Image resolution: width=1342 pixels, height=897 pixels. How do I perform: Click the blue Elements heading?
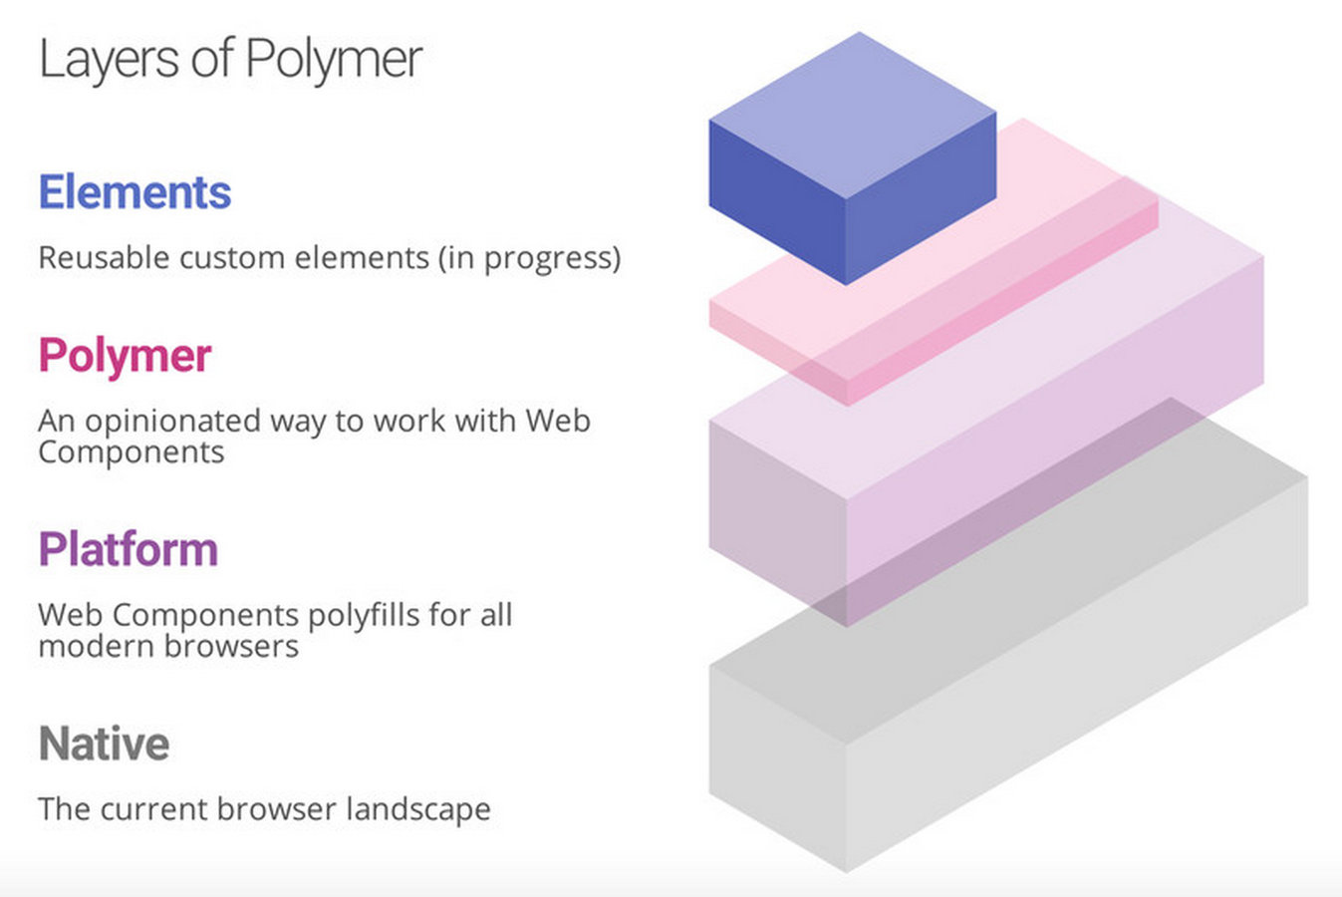coord(134,192)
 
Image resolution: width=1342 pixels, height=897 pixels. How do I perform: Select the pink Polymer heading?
coord(125,356)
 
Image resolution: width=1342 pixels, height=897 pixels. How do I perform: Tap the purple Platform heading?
coord(128,549)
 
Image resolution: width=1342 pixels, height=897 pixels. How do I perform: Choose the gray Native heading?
coord(104,744)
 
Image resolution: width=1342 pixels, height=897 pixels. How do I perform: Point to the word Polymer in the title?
coord(334,60)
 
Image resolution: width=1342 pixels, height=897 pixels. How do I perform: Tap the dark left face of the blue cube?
coord(777,199)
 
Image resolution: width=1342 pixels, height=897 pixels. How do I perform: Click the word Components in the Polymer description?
coord(131,453)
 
